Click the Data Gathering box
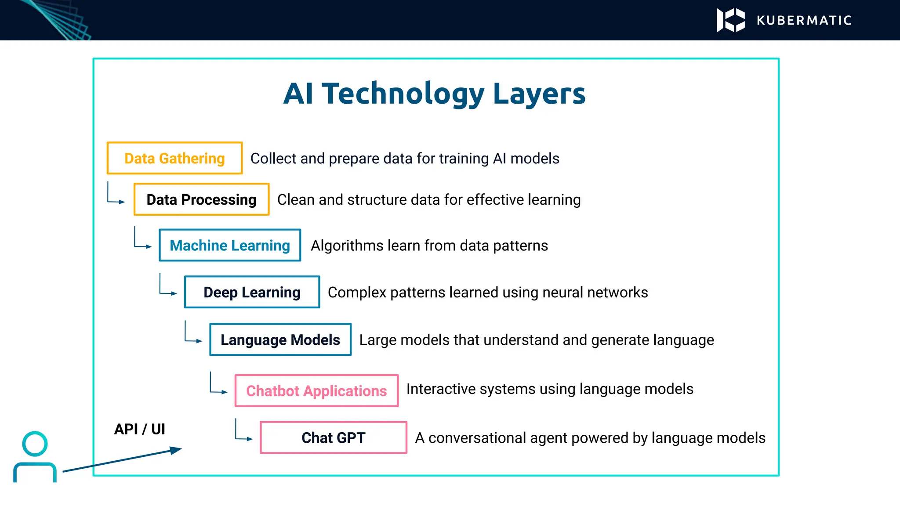pyautogui.click(x=174, y=158)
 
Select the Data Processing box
pyautogui.click(x=201, y=199)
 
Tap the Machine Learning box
pyautogui.click(x=230, y=245)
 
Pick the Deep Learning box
pyautogui.click(x=252, y=292)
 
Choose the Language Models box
pyautogui.click(x=280, y=340)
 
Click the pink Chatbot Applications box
pyautogui.click(x=316, y=390)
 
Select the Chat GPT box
pyautogui.click(x=334, y=437)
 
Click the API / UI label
pyautogui.click(x=139, y=429)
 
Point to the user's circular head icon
pyautogui.click(x=35, y=444)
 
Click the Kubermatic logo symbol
pyautogui.click(x=731, y=20)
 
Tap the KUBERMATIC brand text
pyautogui.click(x=804, y=21)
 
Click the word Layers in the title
pyautogui.click(x=539, y=94)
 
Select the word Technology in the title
pyautogui.click(x=403, y=94)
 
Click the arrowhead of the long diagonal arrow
pyautogui.click(x=176, y=450)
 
